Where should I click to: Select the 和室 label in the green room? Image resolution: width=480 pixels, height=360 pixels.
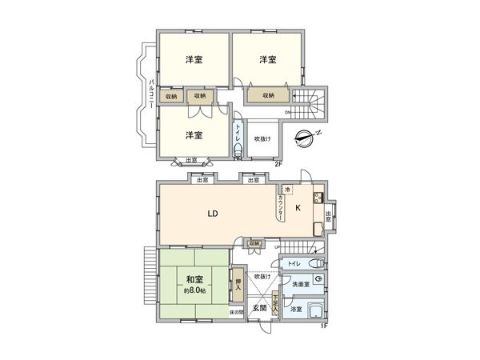(x=194, y=279)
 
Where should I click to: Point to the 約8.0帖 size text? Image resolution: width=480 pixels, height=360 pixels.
(x=194, y=290)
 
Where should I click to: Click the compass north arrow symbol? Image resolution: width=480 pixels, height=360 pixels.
(x=303, y=137)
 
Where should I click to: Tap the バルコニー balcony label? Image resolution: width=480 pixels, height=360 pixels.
(x=151, y=93)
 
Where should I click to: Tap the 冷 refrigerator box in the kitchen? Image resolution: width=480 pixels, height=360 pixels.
(x=287, y=190)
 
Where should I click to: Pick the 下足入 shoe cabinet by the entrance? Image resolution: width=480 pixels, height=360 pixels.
(x=275, y=303)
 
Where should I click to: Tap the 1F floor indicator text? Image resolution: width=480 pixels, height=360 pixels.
(x=323, y=325)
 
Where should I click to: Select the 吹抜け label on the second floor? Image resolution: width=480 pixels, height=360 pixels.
(x=262, y=138)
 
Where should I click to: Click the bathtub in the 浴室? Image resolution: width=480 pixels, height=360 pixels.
(x=315, y=313)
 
